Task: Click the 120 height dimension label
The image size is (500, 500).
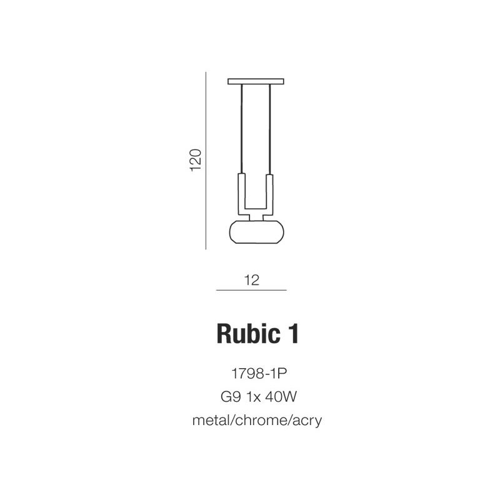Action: [196, 160]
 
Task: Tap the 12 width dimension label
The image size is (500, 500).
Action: [252, 280]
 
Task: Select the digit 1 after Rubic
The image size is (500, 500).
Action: [293, 334]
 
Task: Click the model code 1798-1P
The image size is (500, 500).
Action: [259, 373]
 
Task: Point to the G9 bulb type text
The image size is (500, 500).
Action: [230, 397]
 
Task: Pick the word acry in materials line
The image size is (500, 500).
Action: [307, 421]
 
